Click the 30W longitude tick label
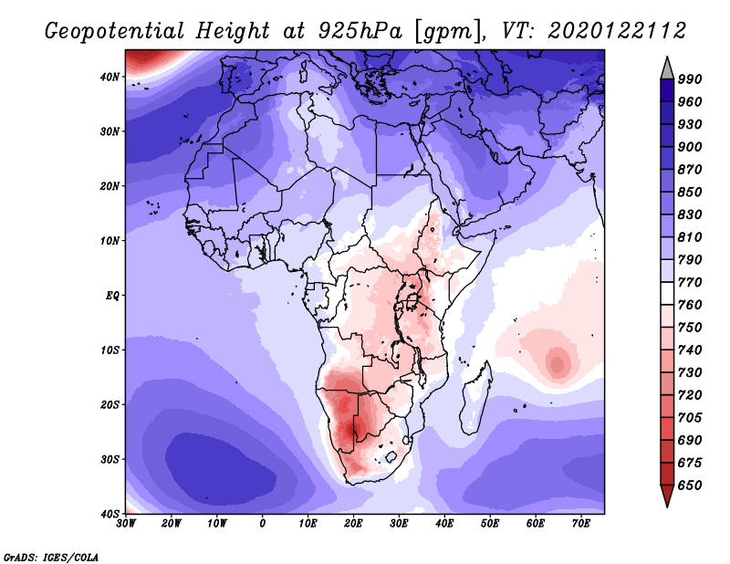126,523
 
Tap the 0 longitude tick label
263,523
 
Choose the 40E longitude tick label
444,523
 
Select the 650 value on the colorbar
690,486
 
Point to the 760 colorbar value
690,306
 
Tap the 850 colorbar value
690,193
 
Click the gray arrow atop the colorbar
667,67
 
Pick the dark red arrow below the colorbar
667,496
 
